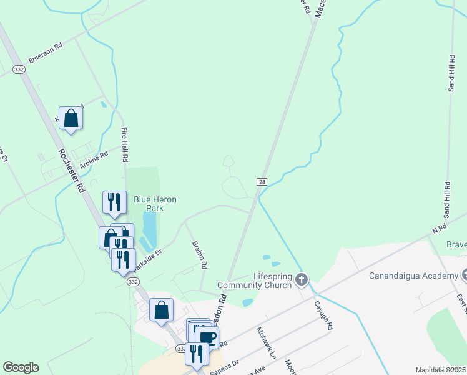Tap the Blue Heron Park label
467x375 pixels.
point(155,203)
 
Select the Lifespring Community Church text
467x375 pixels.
point(255,281)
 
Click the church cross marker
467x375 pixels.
point(302,279)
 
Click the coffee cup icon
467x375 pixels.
point(207,338)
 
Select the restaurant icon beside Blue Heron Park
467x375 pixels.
point(114,202)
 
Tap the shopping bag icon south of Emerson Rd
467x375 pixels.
point(71,117)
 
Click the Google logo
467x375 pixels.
point(21,367)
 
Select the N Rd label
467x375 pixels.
point(440,229)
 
